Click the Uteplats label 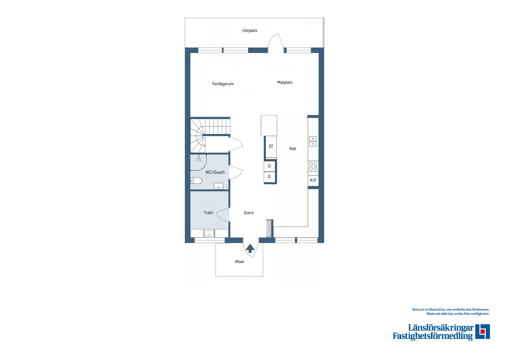coord(250,31)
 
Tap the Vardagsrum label coord(223,84)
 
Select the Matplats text coord(284,82)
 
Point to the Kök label coord(292,149)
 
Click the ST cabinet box coord(271,147)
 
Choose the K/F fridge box coord(313,180)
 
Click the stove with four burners coord(313,166)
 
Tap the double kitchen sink coord(313,141)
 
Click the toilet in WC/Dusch coord(196,181)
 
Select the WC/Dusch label coord(215,172)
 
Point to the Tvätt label coord(208,213)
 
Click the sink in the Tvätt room coord(209,233)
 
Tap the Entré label coord(249,213)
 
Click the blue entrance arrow coord(250,248)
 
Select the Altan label coord(239,262)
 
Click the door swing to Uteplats coord(275,42)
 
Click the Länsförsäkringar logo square coord(482,332)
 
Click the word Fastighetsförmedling coord(432,336)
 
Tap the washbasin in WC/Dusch coord(218,186)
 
